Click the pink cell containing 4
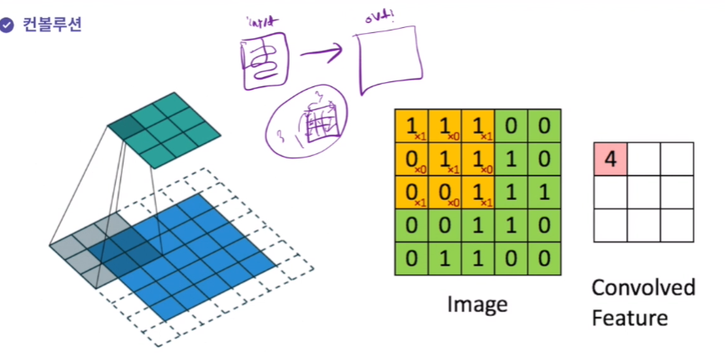[x=610, y=159]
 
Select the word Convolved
[x=643, y=288]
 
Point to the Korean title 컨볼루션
[x=50, y=25]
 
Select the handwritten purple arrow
[x=320, y=57]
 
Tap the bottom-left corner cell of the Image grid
[x=412, y=255]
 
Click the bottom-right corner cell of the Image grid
[x=545, y=255]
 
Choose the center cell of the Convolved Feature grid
[x=643, y=192]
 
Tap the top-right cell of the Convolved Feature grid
[x=677, y=159]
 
